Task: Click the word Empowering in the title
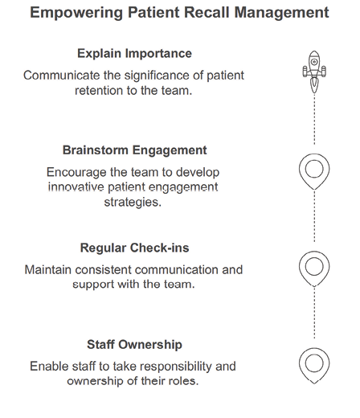[76, 13]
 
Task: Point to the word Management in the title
[281, 13]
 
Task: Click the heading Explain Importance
[134, 53]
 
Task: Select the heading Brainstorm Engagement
[134, 150]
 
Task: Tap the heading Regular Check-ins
[134, 248]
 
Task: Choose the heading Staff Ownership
[134, 344]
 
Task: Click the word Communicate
[62, 76]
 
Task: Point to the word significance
[157, 76]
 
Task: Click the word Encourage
[76, 172]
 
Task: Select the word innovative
[76, 186]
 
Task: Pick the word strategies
[133, 202]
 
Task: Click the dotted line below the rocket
[314, 119]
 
